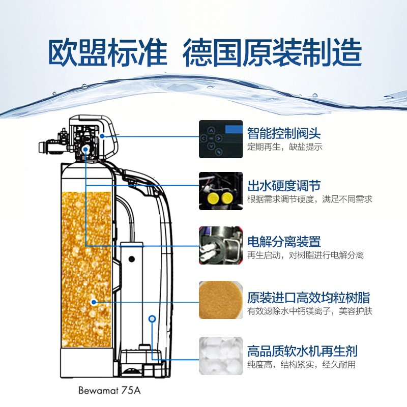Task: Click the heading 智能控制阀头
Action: point(284,134)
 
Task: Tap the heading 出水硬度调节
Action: point(284,185)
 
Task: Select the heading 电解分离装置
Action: point(284,241)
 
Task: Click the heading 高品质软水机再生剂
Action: point(302,351)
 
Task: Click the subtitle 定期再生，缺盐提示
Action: point(285,147)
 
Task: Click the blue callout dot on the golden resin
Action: point(94,302)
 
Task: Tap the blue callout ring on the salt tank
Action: point(151,319)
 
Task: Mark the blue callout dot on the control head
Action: point(102,136)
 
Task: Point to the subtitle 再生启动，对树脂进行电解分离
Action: point(305,255)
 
